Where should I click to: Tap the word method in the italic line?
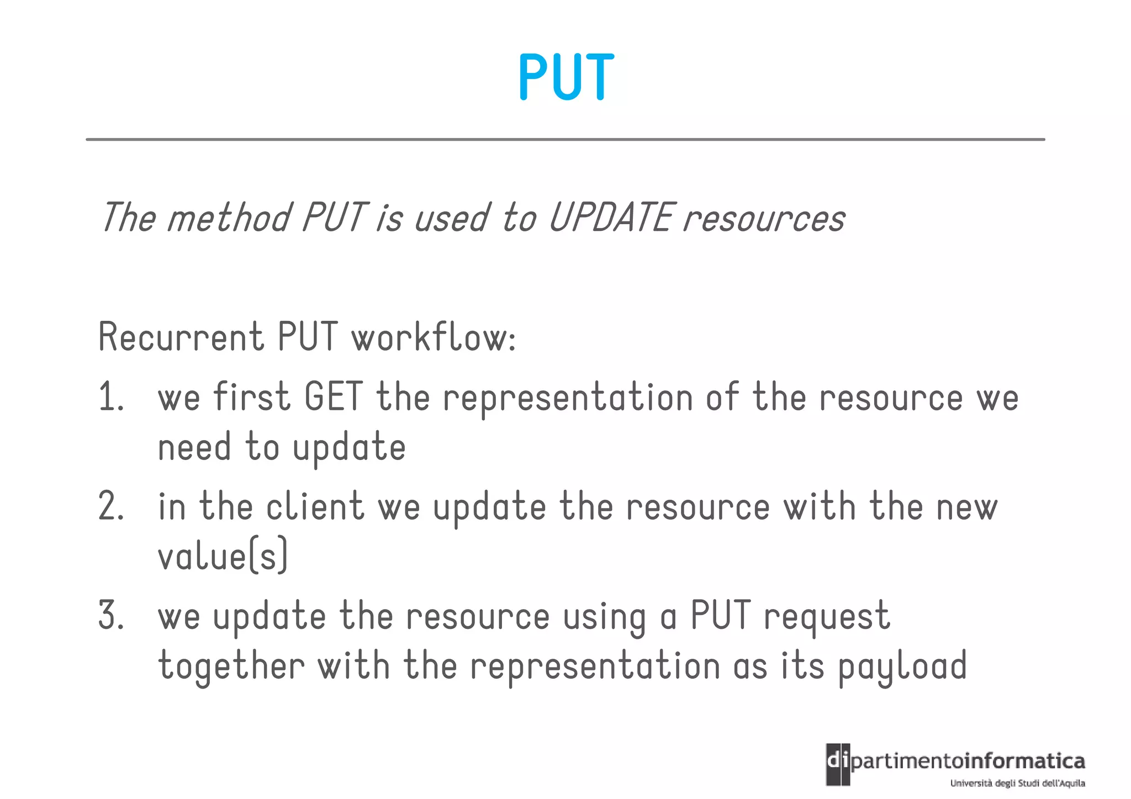228,217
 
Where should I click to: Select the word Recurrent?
181,337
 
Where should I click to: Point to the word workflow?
434,337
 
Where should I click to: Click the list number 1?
110,397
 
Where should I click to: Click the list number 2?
110,506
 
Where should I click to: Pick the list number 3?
110,616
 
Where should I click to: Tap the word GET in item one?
333,397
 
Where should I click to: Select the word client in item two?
315,506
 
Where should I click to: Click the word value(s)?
223,555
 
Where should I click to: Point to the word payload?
902,666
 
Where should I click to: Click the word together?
231,666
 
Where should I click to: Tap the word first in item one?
251,397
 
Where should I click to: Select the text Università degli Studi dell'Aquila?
1017,783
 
